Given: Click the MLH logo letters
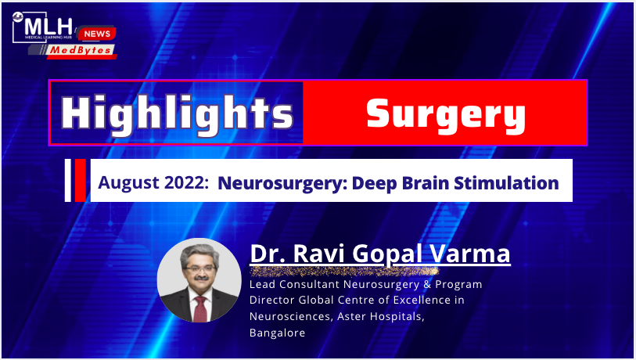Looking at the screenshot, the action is [49, 27].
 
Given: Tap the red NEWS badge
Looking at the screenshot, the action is [97, 34].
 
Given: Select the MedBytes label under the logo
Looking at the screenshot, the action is [81, 50].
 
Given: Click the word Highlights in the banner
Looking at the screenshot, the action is [177, 113].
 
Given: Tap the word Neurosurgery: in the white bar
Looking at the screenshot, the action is [282, 183].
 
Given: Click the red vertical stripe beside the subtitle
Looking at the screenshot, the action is [81, 180].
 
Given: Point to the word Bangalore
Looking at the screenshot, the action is [278, 333].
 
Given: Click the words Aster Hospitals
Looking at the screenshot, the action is [381, 317].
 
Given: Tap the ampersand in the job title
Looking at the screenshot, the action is [427, 284].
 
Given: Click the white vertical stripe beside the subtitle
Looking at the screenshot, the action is [68, 180].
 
